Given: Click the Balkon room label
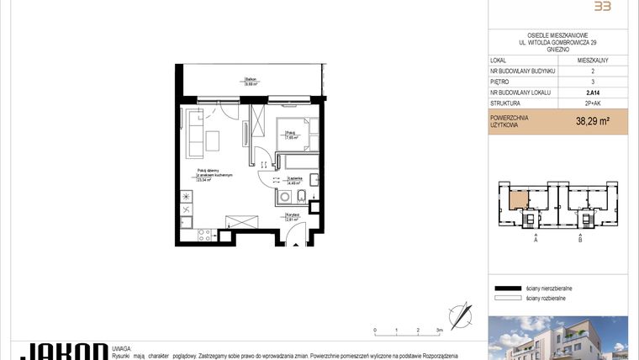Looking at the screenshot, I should tap(251, 81).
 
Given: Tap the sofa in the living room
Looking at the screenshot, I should tap(194, 133).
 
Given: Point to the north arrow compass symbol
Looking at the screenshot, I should tap(460, 315).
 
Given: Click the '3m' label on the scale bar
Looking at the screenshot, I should tap(439, 331).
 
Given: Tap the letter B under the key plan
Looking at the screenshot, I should tap(580, 240).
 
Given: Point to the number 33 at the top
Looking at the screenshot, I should tap(601, 7).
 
